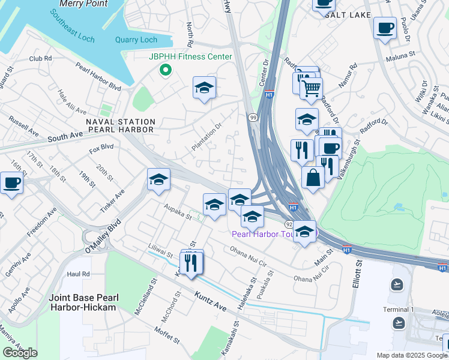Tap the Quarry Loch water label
click(136, 40)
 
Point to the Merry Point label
click(83, 4)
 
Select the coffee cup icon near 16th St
click(11, 182)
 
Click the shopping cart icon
click(311, 89)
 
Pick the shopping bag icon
click(313, 178)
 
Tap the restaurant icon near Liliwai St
click(191, 263)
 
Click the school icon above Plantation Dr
click(204, 88)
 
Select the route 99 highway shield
click(253, 118)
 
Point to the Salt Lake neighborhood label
click(348, 15)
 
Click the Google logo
click(20, 353)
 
